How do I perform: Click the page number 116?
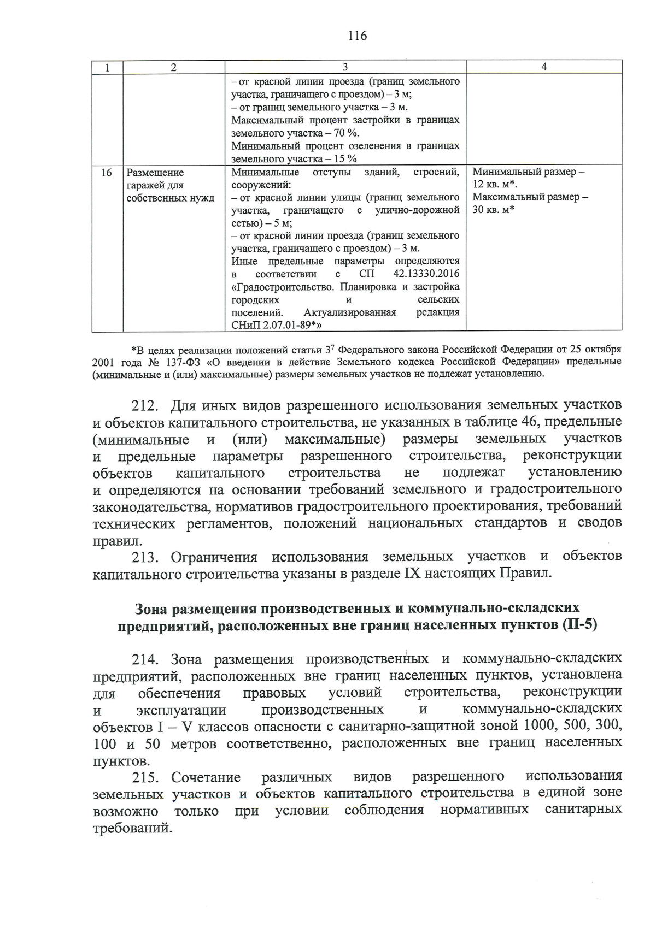[x=357, y=36]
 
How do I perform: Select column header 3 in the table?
[x=345, y=67]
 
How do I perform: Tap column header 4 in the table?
[x=543, y=67]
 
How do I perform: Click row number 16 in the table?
[x=107, y=173]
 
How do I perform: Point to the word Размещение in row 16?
[x=155, y=173]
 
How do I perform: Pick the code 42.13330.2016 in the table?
[x=426, y=274]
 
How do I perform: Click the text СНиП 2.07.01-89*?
[x=275, y=326]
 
